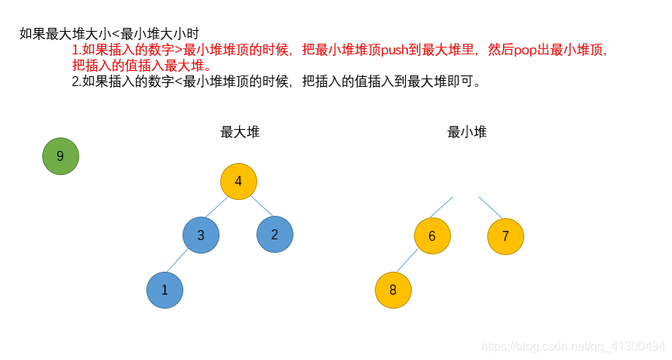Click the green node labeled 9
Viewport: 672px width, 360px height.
(60, 156)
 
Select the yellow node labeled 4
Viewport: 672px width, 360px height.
(238, 181)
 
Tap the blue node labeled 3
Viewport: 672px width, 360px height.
(201, 235)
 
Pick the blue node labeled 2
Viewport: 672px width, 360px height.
(275, 234)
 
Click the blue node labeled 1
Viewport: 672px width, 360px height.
(164, 290)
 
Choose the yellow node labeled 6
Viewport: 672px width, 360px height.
(432, 235)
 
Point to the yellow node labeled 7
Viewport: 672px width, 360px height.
(505, 236)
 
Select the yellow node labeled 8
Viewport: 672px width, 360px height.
(393, 291)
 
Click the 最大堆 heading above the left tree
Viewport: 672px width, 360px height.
(240, 132)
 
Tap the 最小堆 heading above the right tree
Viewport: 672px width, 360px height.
(467, 132)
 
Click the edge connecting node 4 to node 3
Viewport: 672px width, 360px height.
(216, 208)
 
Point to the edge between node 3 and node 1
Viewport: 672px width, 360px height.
(178, 260)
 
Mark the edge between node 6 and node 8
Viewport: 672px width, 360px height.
(407, 261)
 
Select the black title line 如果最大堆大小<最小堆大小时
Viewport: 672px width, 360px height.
(109, 34)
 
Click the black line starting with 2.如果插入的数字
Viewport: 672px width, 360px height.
(276, 82)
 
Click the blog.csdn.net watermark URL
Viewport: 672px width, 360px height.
(573, 346)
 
